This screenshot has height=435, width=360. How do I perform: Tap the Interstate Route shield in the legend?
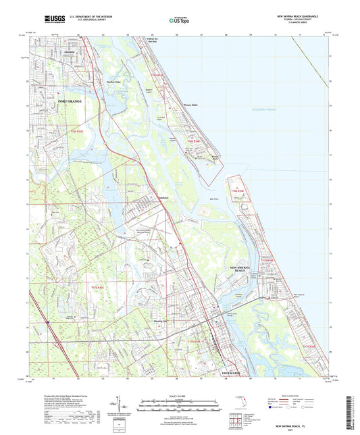point(273,407)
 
